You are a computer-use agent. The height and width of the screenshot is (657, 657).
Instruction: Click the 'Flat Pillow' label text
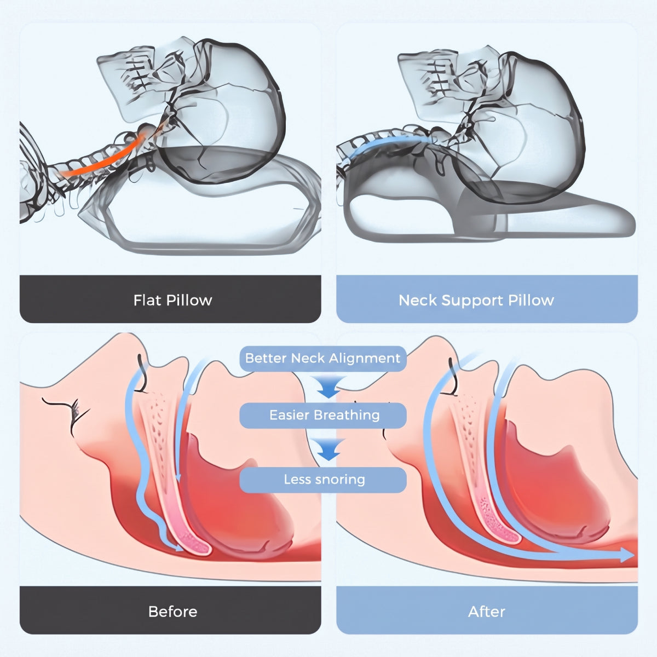click(x=172, y=300)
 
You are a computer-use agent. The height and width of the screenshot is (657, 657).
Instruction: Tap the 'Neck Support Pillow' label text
click(x=476, y=301)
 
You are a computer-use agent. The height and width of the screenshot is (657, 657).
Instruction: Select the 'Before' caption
click(x=172, y=612)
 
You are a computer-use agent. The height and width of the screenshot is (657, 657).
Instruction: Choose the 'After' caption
click(x=487, y=612)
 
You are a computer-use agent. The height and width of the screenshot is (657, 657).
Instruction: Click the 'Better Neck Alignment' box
click(x=322, y=358)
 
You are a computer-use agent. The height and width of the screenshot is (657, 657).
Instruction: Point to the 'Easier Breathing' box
click(x=322, y=415)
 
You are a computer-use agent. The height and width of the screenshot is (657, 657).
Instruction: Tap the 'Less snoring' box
click(x=322, y=480)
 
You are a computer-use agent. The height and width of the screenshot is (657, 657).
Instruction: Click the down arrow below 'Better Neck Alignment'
click(x=328, y=387)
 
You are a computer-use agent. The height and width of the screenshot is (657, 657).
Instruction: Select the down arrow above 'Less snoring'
click(x=328, y=449)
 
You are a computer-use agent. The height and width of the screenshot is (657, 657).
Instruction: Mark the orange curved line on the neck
click(x=102, y=164)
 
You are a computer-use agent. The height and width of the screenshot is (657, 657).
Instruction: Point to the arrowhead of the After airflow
click(x=627, y=555)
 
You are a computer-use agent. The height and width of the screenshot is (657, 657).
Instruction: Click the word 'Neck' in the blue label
click(x=418, y=301)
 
